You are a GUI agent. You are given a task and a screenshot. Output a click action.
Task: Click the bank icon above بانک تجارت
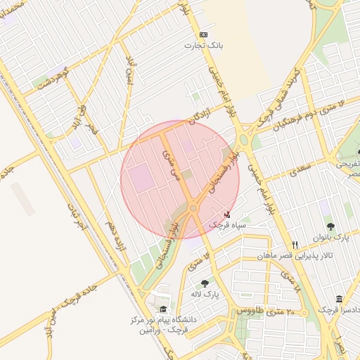[204, 34]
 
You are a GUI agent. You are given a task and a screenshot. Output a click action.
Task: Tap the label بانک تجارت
[204, 45]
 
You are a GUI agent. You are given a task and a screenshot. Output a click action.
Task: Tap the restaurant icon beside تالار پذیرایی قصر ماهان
[295, 245]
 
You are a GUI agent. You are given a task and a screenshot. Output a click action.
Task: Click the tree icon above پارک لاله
[205, 283]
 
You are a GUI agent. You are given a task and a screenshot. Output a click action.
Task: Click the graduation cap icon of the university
[163, 309]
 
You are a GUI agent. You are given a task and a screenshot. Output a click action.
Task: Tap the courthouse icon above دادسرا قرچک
[340, 300]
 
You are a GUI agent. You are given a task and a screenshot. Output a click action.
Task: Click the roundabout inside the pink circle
[193, 208]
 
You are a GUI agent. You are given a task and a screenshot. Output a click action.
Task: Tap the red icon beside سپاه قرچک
[226, 214]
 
